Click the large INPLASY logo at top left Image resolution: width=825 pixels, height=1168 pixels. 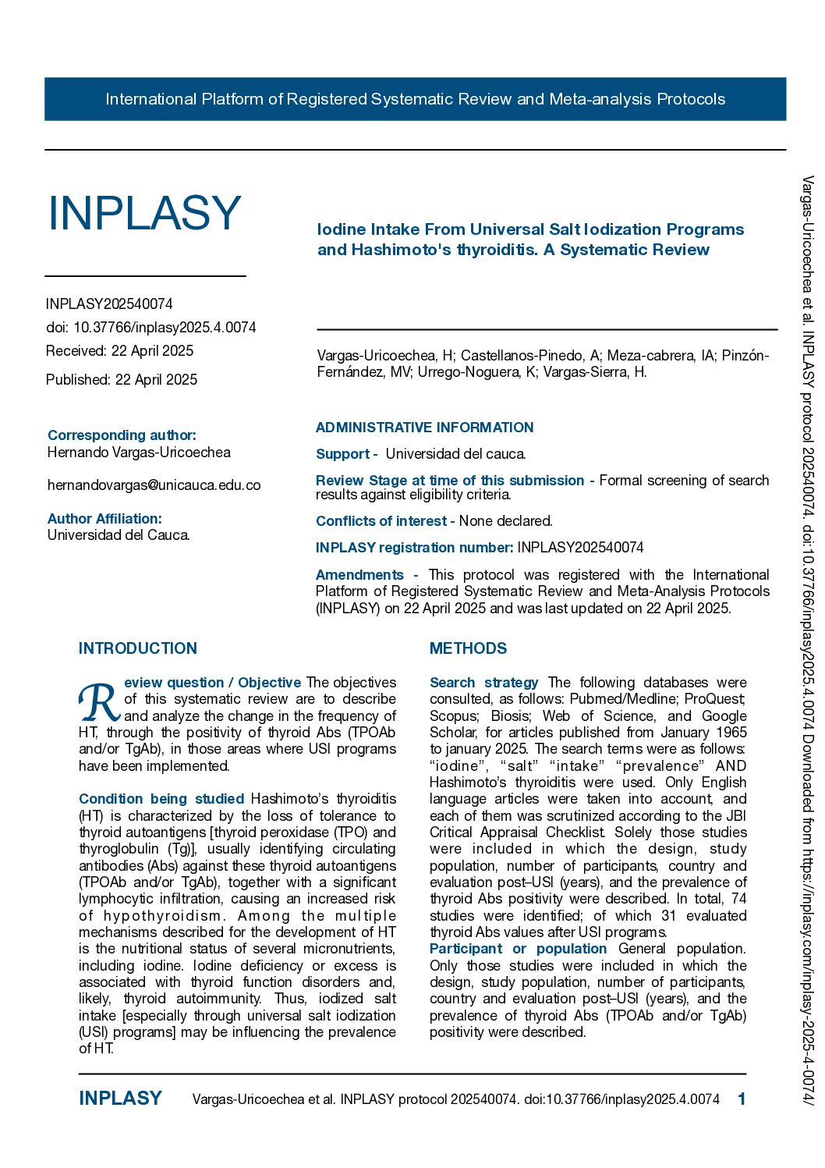pyautogui.click(x=145, y=213)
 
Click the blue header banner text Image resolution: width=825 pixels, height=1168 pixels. pyautogui.click(x=415, y=99)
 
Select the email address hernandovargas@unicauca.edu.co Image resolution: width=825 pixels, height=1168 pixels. pyautogui.click(x=154, y=485)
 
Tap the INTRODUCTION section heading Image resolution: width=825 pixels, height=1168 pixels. pyautogui.click(x=138, y=648)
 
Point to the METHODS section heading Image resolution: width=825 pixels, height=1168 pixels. pyautogui.click(x=468, y=648)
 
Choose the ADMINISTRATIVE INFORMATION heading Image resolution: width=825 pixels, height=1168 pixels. pyautogui.click(x=424, y=428)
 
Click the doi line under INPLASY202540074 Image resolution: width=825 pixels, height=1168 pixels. pyautogui.click(x=150, y=328)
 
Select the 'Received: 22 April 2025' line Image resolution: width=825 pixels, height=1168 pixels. pyautogui.click(x=119, y=351)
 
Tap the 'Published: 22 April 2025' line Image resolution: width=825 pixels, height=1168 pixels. pyautogui.click(x=122, y=380)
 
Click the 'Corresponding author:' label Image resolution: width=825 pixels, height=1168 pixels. pyautogui.click(x=122, y=435)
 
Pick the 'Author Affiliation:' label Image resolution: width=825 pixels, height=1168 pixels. pyautogui.click(x=104, y=519)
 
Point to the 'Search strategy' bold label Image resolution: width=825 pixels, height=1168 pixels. pyautogui.click(x=483, y=683)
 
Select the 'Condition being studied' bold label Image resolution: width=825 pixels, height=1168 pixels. pyautogui.click(x=161, y=799)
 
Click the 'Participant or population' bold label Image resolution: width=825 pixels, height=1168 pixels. pyautogui.click(x=518, y=949)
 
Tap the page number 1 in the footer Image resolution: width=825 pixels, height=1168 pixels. pyautogui.click(x=742, y=1099)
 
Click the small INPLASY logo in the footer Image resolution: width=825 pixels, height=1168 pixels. pyautogui.click(x=120, y=1099)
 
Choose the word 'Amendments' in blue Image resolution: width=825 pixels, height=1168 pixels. pyautogui.click(x=359, y=575)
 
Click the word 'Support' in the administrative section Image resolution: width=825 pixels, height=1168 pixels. pyautogui.click(x=342, y=454)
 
